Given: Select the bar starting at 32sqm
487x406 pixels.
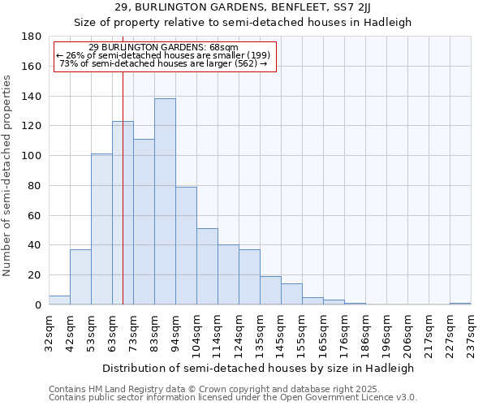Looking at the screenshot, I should pyautogui.click(x=59, y=300).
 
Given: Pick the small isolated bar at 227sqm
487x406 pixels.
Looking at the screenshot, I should pyautogui.click(x=460, y=304).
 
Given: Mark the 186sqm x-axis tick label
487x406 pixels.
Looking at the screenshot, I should pyautogui.click(x=365, y=334).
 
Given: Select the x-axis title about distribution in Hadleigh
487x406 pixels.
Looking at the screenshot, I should pyautogui.click(x=259, y=368).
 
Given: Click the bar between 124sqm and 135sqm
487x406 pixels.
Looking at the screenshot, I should pyautogui.click(x=249, y=277).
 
